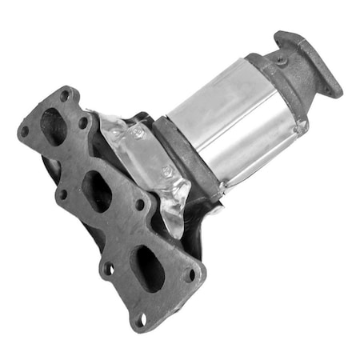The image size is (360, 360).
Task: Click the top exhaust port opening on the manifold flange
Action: (54, 126)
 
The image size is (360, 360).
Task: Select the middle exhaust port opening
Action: (98, 190)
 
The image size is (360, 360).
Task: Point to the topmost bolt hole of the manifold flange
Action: (64, 96)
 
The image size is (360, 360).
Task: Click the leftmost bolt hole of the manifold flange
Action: (26, 130)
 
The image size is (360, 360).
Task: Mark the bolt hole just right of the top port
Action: (83, 122)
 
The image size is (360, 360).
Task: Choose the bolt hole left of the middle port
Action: (61, 194)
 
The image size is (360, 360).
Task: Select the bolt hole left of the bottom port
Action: (106, 268)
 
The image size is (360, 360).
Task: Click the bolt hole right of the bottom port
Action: (190, 274)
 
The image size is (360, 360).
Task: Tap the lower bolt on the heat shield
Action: (167, 172)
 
